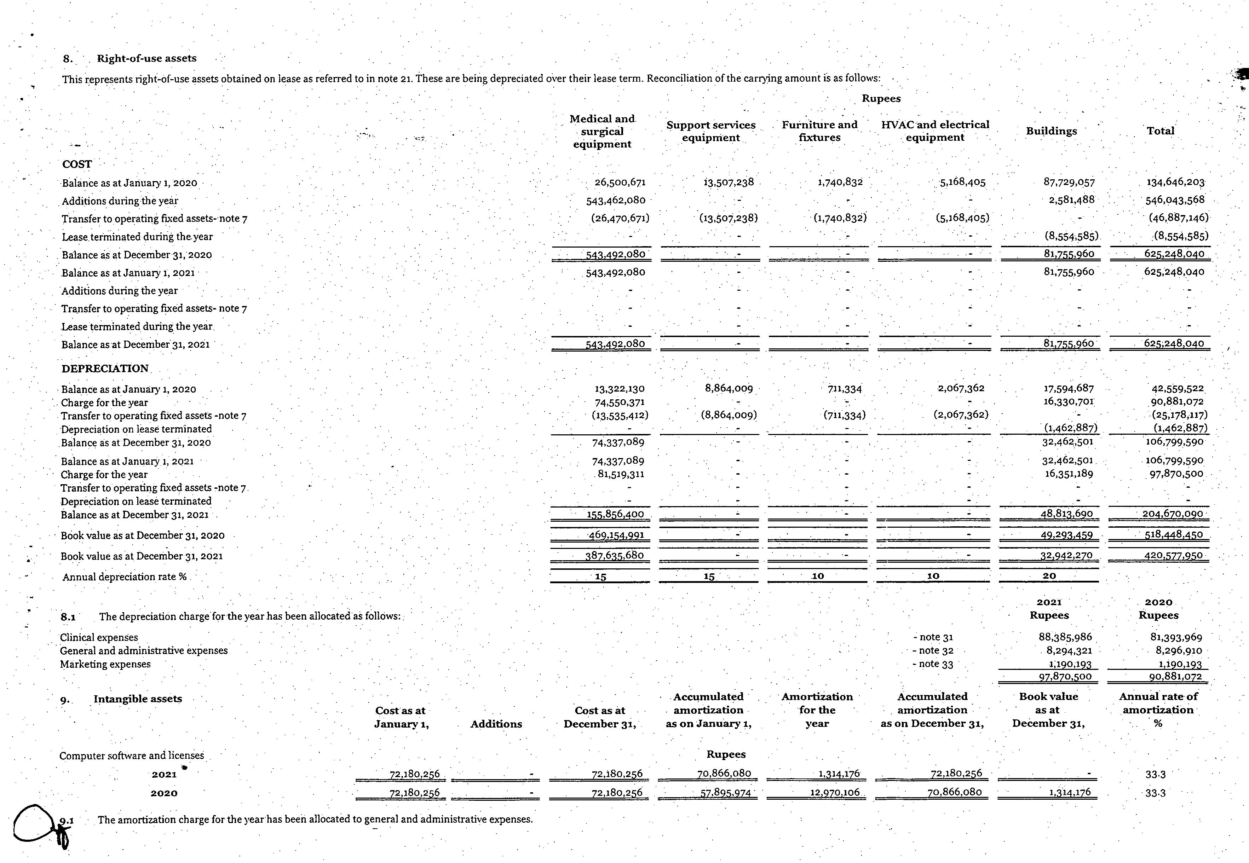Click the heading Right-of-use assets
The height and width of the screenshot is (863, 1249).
coord(146,58)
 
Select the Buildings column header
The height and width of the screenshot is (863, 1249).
coord(1051,131)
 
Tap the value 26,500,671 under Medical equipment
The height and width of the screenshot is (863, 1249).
coord(620,183)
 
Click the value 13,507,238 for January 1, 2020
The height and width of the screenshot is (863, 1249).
coord(728,182)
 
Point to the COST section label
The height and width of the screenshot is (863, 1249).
coord(77,164)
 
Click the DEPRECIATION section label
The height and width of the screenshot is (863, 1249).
coord(105,368)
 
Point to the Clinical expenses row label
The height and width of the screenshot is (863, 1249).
coord(99,637)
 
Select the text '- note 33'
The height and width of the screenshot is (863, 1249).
coord(933,664)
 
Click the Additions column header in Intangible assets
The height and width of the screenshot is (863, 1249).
coord(496,724)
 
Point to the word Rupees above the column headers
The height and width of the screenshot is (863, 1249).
coord(881,98)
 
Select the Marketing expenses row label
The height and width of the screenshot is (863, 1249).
coord(105,664)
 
